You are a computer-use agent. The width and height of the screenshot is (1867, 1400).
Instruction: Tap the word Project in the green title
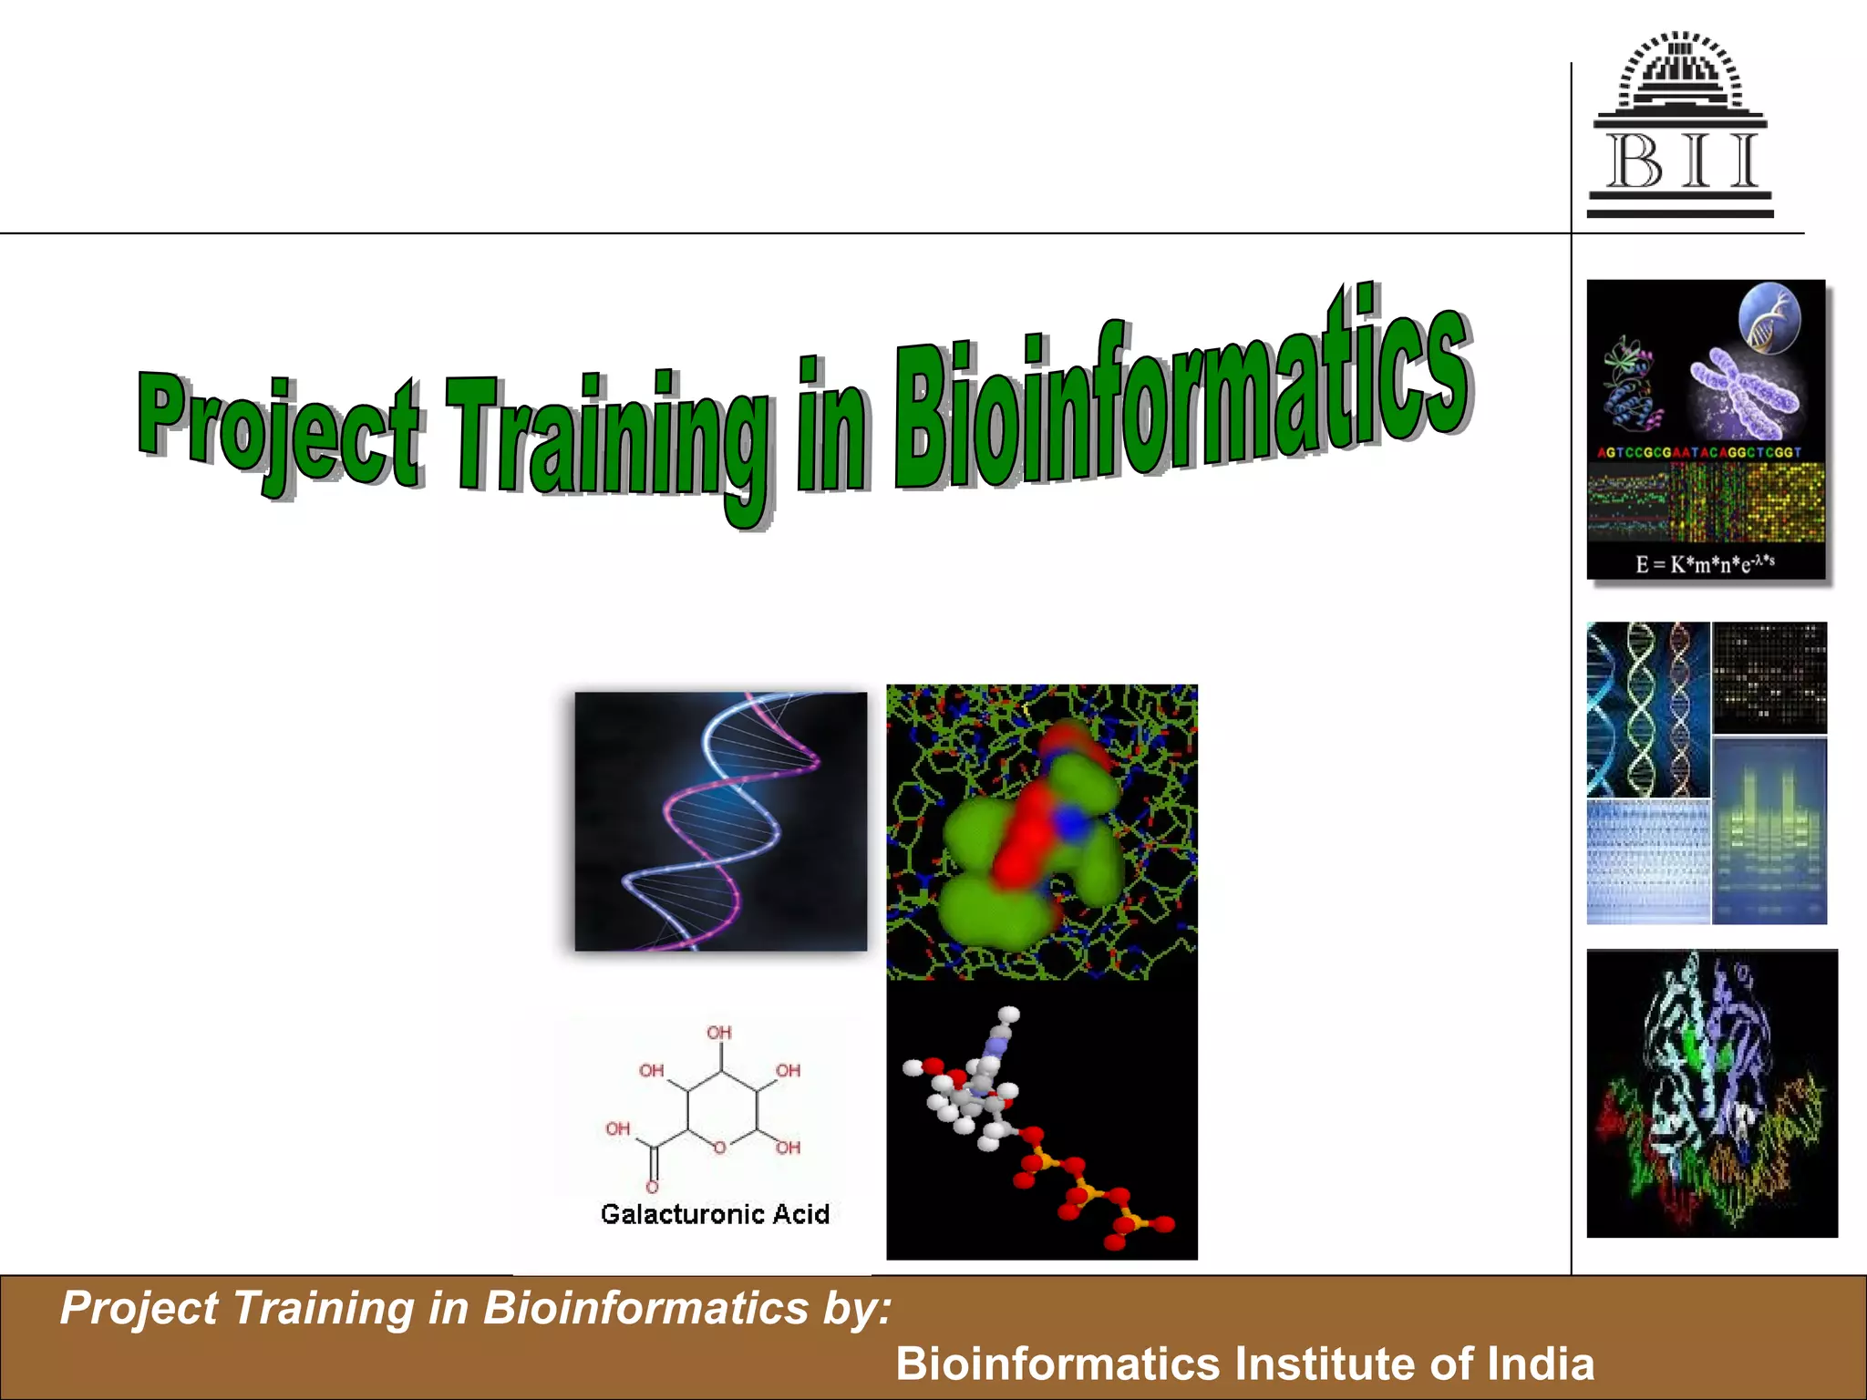(278, 428)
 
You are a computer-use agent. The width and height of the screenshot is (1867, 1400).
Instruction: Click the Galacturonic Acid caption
(715, 1214)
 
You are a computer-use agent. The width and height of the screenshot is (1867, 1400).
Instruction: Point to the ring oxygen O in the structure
(719, 1148)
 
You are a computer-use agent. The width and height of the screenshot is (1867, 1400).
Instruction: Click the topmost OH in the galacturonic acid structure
(719, 1032)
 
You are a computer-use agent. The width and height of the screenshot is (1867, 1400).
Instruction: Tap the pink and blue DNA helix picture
(720, 821)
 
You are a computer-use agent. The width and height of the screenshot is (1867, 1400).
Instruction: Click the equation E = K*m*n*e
(1704, 563)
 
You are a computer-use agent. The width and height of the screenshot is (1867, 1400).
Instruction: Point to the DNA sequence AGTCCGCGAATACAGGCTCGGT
(1699, 452)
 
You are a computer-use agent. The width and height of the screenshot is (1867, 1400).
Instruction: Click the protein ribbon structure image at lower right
(1711, 1093)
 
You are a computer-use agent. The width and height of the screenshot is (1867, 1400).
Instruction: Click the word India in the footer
(1541, 1364)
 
